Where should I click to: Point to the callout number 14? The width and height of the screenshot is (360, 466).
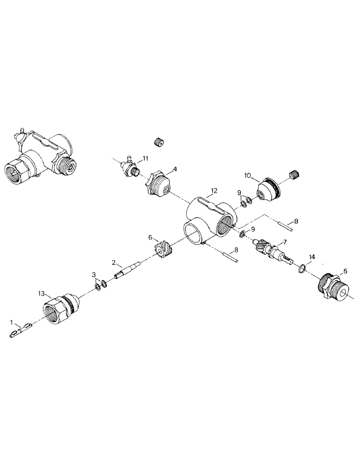pyautogui.click(x=312, y=257)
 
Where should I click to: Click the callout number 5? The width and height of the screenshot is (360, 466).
pyautogui.click(x=345, y=270)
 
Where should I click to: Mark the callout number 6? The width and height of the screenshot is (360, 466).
pyautogui.click(x=151, y=238)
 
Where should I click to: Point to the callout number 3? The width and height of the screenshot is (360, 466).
pyautogui.click(x=94, y=274)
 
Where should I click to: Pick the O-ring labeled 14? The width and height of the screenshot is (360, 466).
pyautogui.click(x=302, y=268)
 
